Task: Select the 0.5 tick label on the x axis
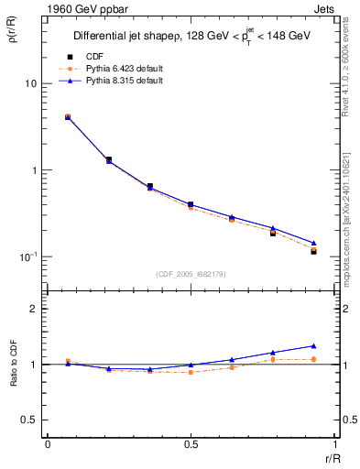pyautogui.click(x=190, y=442)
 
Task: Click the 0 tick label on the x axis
pyautogui.click(x=47, y=442)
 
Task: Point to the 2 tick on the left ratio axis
pyautogui.click(x=37, y=309)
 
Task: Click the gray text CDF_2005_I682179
pyautogui.click(x=191, y=273)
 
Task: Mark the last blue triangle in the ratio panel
pyautogui.click(x=313, y=346)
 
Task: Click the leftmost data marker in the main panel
pyautogui.click(x=68, y=117)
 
